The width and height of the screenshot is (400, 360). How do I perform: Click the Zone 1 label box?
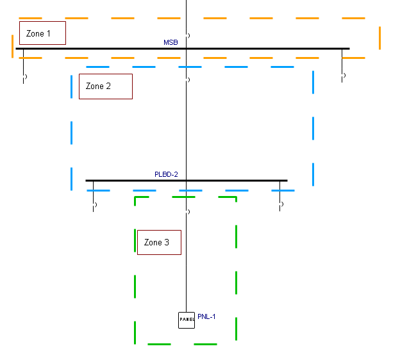pyautogui.click(x=42, y=33)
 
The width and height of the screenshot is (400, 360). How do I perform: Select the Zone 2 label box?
pyautogui.click(x=105, y=86)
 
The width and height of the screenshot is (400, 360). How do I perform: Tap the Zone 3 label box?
pyautogui.click(x=159, y=243)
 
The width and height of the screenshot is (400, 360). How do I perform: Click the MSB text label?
pyautogui.click(x=171, y=42)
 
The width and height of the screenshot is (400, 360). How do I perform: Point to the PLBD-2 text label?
pyautogui.click(x=166, y=174)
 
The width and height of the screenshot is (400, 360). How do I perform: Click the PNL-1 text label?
pyautogui.click(x=206, y=317)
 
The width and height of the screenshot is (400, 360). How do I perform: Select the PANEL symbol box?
pyautogui.click(x=187, y=320)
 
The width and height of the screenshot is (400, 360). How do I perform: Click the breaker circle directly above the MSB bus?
pyautogui.click(x=187, y=35)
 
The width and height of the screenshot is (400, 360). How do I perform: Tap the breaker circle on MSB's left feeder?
pyautogui.click(x=24, y=77)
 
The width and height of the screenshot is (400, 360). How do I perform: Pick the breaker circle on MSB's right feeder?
pyautogui.click(x=344, y=76)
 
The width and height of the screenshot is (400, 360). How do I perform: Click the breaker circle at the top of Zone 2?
pyautogui.click(x=187, y=80)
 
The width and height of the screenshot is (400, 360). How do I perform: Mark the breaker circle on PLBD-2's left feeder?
pyautogui.click(x=94, y=206)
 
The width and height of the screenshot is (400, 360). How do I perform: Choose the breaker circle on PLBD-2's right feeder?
pyautogui.click(x=281, y=205)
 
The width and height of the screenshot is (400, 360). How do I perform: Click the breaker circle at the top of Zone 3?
pyautogui.click(x=187, y=211)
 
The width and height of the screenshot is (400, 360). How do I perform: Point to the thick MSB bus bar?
pyautogui.click(x=256, y=49)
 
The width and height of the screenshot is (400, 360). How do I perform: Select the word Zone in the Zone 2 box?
pyautogui.click(x=95, y=86)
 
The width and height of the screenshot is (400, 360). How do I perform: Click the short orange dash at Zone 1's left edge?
pyautogui.click(x=12, y=46)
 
